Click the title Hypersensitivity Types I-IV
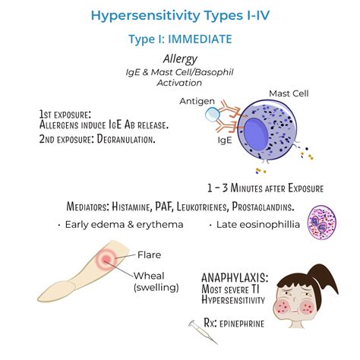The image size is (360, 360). (179, 15)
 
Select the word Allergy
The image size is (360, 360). (179, 58)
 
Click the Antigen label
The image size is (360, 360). (196, 101)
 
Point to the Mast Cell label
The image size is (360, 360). (288, 93)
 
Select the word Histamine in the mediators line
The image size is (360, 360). (159, 206)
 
